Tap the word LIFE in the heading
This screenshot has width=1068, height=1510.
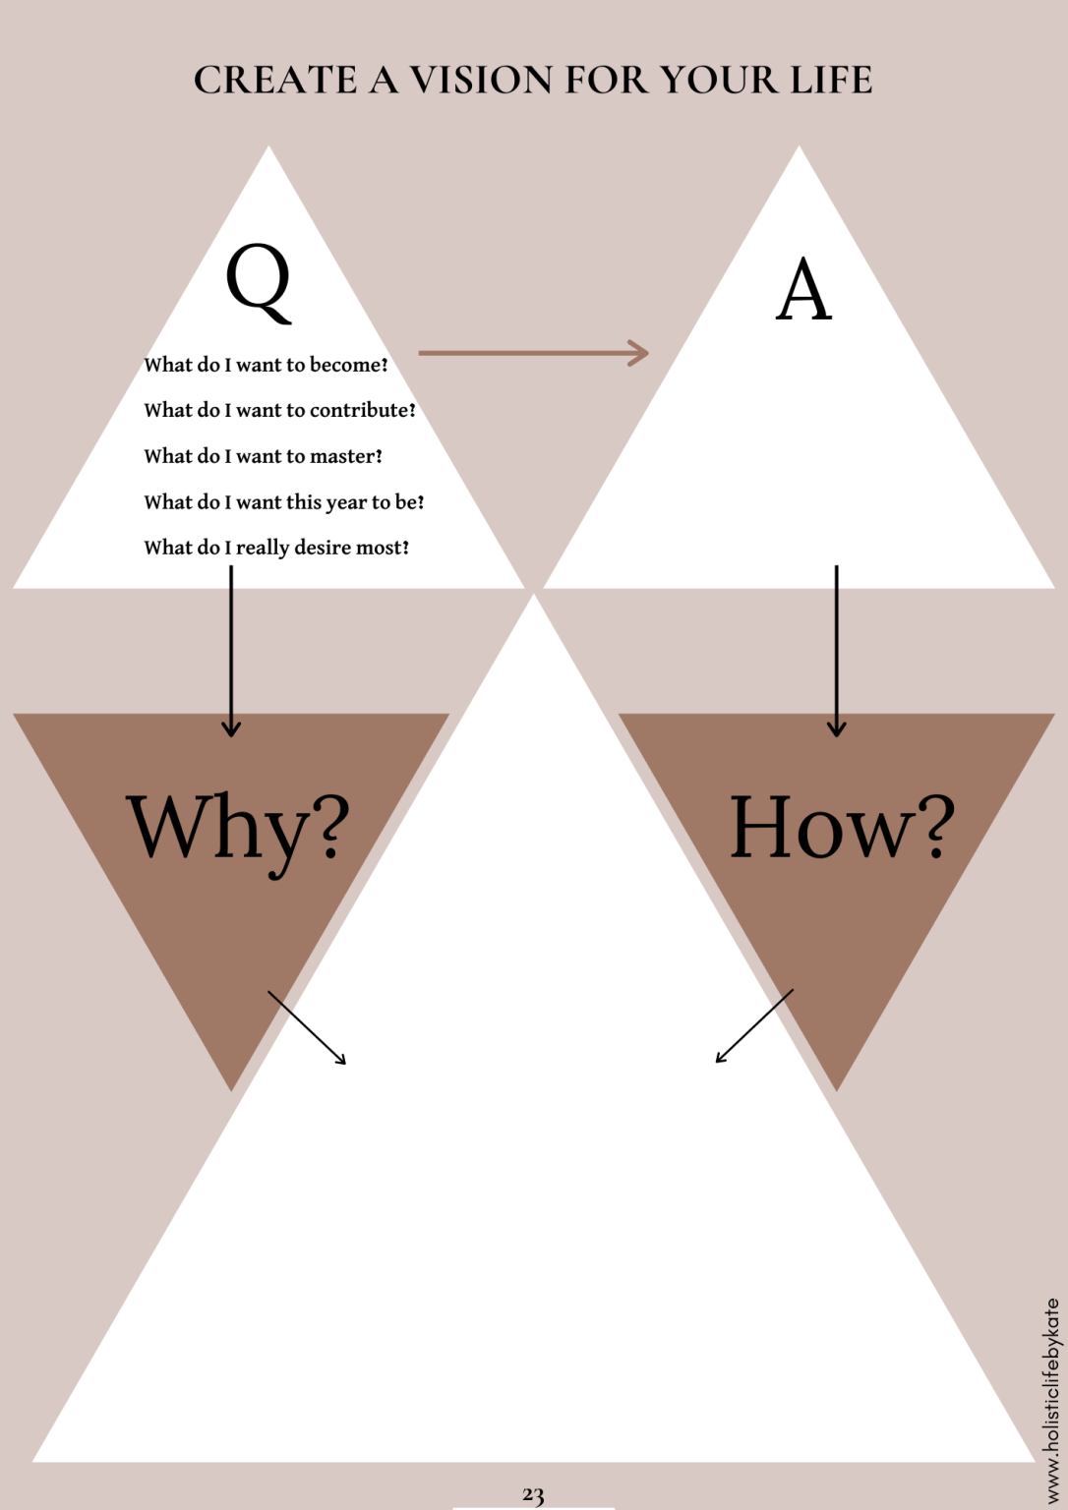click(x=832, y=81)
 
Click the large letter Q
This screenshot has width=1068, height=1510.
click(x=259, y=283)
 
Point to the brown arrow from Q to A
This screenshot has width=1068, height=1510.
click(x=533, y=352)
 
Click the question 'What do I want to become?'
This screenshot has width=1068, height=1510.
click(x=266, y=365)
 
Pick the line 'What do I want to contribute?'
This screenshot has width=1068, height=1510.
click(x=279, y=410)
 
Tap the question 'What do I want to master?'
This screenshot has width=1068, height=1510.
click(x=263, y=456)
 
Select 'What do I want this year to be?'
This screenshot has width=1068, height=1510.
click(x=283, y=502)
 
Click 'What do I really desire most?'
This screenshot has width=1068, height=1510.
click(x=276, y=548)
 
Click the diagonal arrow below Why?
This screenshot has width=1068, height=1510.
click(x=307, y=1027)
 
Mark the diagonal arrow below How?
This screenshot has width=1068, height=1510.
click(x=754, y=1025)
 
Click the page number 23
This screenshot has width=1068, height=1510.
click(x=533, y=1494)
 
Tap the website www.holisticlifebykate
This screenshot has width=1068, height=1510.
click(x=1051, y=1401)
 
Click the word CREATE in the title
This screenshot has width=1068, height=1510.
click(x=275, y=81)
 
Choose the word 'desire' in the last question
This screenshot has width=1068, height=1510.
click(x=323, y=548)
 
